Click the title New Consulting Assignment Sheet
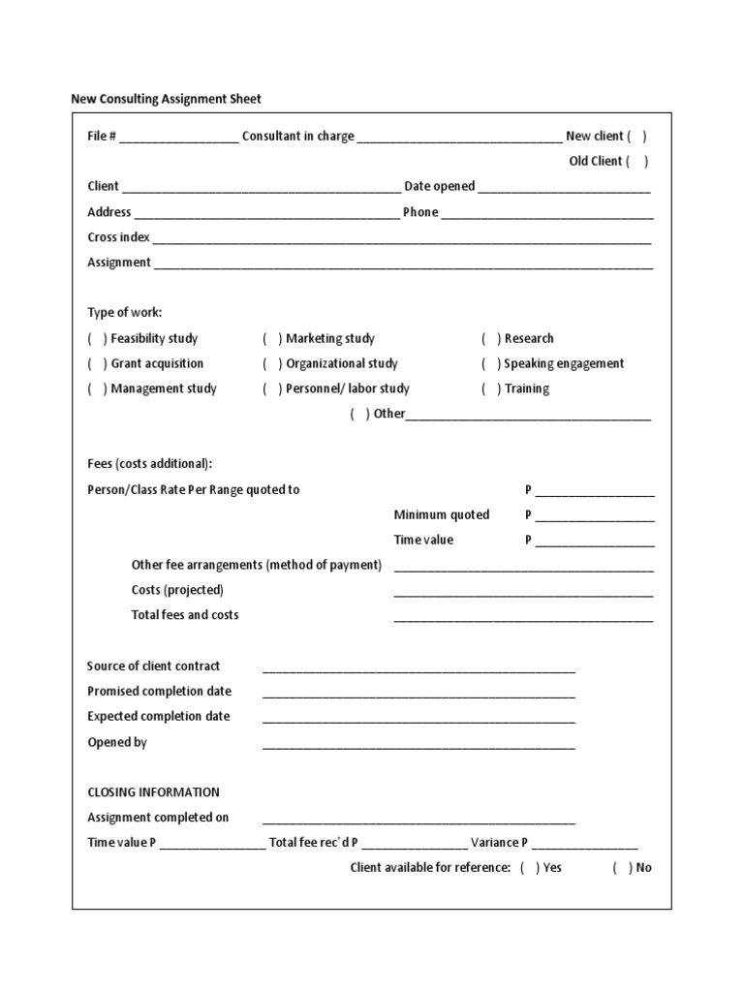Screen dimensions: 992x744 coord(166,99)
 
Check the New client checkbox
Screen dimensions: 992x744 coord(636,137)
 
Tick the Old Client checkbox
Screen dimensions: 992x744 coord(636,162)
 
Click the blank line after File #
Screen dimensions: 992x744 coord(179,139)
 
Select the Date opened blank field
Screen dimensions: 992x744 coord(564,189)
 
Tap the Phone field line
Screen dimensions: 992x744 coord(547,214)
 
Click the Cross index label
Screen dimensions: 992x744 coord(118,237)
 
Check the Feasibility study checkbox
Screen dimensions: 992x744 coord(97,339)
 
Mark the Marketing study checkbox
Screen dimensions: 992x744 coord(272,339)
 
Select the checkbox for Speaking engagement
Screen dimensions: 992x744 coord(491,364)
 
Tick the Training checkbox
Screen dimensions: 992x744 coord(491,389)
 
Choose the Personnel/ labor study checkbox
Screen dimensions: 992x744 coord(272,389)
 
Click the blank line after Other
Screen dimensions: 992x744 coord(528,417)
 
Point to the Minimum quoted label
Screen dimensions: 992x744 coord(441,514)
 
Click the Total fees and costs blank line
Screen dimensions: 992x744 coord(523,618)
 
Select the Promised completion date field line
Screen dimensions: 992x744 coord(418,694)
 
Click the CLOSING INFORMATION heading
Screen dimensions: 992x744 coord(153,792)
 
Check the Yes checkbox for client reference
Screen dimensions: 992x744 coord(530,868)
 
